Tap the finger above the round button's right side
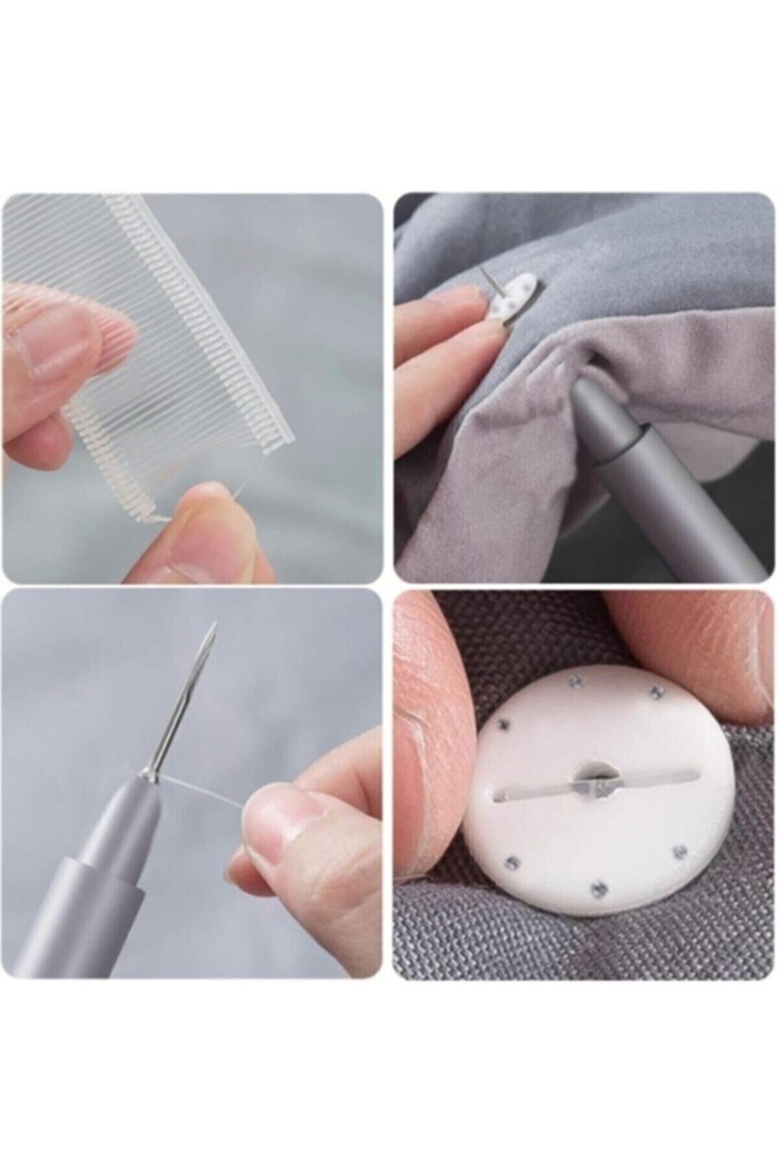(x=700, y=641)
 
